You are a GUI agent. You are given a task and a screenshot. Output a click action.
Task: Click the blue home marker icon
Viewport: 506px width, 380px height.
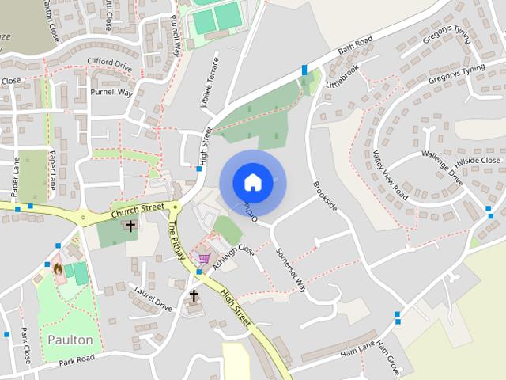point(252,182)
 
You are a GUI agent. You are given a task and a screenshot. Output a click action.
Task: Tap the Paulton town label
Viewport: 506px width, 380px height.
point(70,340)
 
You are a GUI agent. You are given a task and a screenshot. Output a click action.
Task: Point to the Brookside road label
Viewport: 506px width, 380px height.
point(325,196)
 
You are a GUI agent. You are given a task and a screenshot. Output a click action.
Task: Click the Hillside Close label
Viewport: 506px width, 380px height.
point(478,161)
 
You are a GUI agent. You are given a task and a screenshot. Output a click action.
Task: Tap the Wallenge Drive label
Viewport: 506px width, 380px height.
point(440,165)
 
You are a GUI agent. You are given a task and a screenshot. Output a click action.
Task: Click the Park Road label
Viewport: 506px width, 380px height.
point(76,359)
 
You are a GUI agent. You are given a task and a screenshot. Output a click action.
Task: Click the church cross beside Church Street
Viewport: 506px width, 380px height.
point(130,226)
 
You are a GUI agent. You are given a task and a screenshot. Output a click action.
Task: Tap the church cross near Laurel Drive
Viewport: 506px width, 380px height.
point(194,295)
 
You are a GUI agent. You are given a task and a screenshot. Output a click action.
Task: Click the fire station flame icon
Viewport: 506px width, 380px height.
point(58,269)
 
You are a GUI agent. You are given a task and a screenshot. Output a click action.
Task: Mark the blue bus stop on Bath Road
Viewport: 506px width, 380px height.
point(304,70)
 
